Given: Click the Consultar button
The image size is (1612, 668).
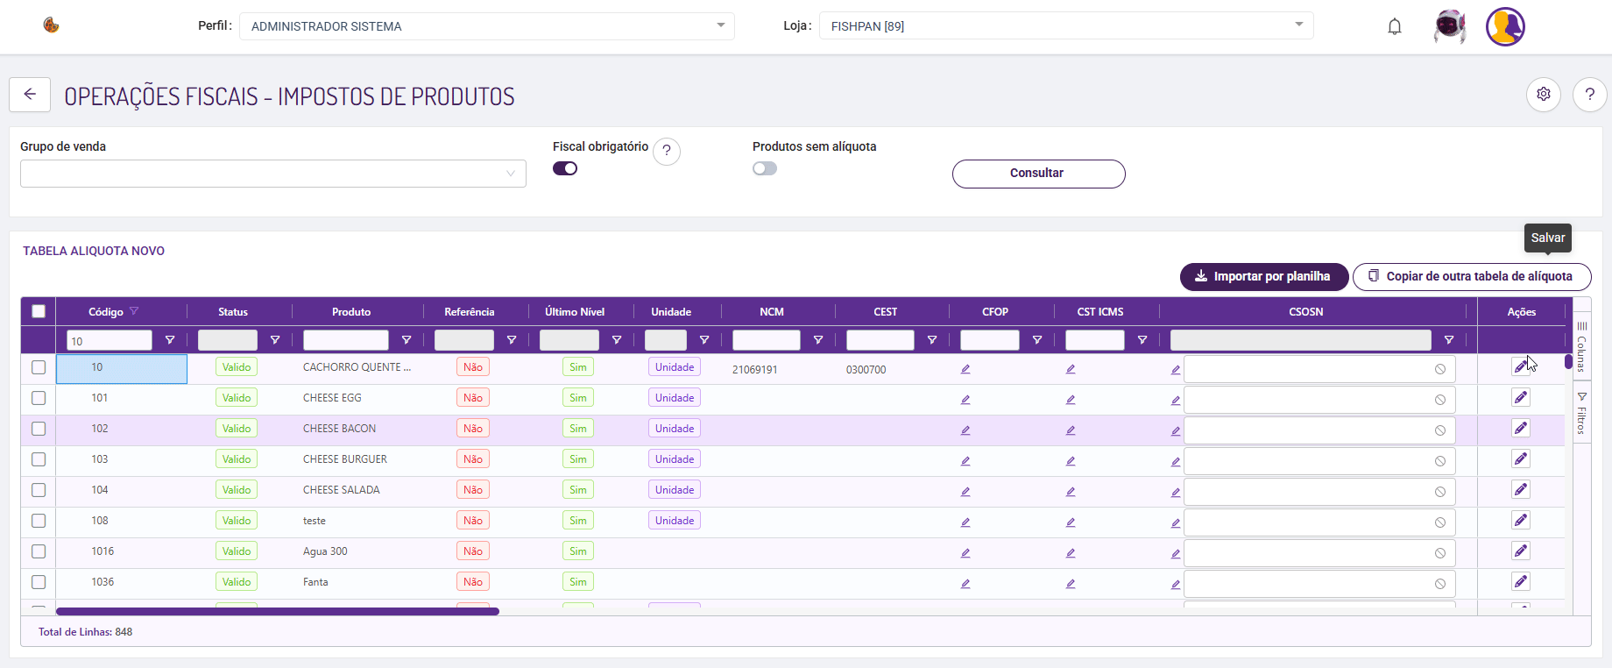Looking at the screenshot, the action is point(1038,174).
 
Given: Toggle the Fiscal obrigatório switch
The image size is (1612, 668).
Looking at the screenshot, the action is point(565,168).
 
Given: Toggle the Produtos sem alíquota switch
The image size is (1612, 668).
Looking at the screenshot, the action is point(765,168).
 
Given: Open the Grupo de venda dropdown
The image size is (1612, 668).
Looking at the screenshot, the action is point(273,174).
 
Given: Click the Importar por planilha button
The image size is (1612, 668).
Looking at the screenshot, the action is point(1264,276).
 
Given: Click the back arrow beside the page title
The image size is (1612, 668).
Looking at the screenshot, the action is point(30,95).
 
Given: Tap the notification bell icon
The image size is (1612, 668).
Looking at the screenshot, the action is point(1395,26).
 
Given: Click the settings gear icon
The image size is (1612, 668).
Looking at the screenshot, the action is point(1544,94).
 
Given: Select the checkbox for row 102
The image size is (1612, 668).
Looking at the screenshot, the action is point(39,429).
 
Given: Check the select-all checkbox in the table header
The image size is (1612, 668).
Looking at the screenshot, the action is point(39,311).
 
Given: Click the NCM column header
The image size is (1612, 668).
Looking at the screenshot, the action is point(772,312).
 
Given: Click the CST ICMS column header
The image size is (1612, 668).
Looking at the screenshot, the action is point(1100,312).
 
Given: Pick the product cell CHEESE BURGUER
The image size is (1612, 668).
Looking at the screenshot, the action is point(345,459).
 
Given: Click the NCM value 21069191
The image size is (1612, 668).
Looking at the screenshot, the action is point(755,370).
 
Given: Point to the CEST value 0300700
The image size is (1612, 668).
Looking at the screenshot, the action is point(866,370).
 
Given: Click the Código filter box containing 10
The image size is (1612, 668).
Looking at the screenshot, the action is point(110,340).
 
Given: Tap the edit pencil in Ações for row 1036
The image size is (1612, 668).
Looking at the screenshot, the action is point(1521,582).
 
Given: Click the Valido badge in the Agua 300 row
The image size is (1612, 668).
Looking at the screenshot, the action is point(237,551).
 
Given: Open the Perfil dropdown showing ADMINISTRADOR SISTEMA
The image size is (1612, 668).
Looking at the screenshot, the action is point(487,26).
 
